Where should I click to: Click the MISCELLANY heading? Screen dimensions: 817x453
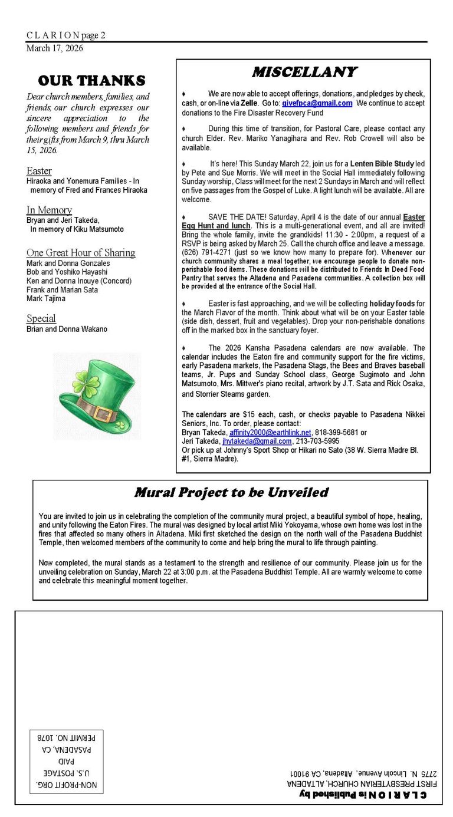coord(304,72)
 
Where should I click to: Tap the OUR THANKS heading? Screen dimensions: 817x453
coord(91,80)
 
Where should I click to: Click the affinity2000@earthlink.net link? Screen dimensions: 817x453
coord(270,432)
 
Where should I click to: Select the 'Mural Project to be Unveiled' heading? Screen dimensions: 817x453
coord(231,492)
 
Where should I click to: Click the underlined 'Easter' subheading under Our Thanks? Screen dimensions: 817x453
coord(39,171)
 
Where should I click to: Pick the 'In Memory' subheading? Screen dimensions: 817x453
coord(49,210)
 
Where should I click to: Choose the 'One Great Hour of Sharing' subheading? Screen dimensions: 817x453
coord(81,253)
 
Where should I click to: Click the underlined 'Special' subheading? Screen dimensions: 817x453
coord(41,318)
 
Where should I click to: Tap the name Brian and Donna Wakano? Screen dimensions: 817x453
coord(67,329)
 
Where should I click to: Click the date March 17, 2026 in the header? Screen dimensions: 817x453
coord(54,48)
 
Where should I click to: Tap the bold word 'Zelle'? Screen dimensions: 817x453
coord(249,103)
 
